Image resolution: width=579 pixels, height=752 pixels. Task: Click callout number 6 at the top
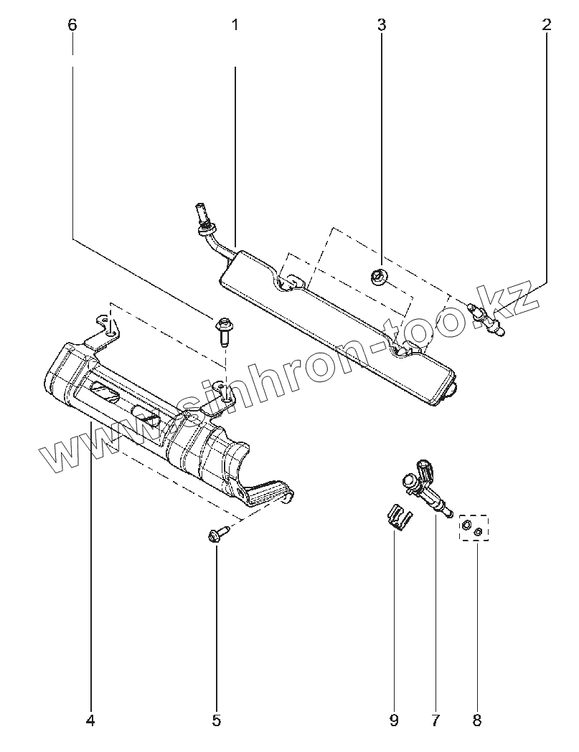pyautogui.click(x=72, y=25)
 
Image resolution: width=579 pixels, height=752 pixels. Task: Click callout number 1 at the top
pyautogui.click(x=235, y=25)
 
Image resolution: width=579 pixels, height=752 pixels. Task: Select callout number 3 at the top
pyautogui.click(x=382, y=25)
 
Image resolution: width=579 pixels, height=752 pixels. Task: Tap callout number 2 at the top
pyautogui.click(x=547, y=25)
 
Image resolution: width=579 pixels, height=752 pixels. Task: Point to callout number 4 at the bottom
pyautogui.click(x=90, y=720)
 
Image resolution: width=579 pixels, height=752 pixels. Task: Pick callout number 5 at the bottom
pyautogui.click(x=217, y=720)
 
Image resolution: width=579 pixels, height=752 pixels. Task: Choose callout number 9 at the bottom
pyautogui.click(x=394, y=720)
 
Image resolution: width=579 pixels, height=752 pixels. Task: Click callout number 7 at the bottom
pyautogui.click(x=436, y=720)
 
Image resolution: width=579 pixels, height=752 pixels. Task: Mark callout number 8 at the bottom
pyautogui.click(x=478, y=720)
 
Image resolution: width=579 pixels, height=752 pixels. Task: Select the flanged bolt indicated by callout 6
pyautogui.click(x=222, y=330)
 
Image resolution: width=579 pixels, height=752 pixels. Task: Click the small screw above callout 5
pyautogui.click(x=217, y=533)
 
